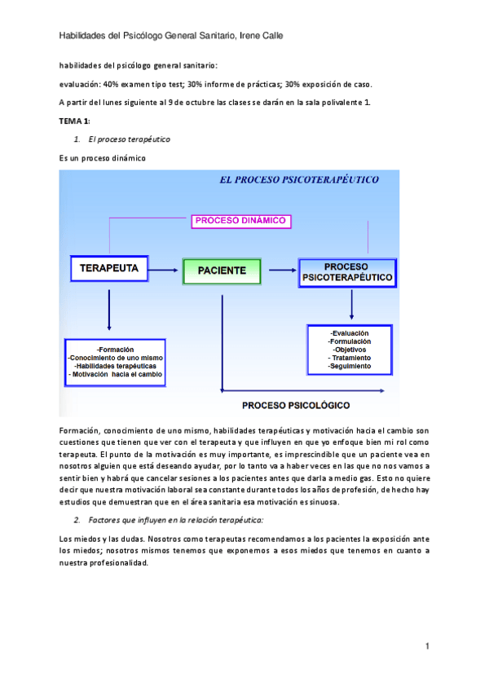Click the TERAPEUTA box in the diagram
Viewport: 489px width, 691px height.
(109, 268)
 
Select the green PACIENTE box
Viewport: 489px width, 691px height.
(221, 270)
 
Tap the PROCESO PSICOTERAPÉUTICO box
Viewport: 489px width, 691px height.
(347, 272)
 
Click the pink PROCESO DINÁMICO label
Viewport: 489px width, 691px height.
(241, 220)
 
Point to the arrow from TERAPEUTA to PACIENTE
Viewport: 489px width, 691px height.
(165, 270)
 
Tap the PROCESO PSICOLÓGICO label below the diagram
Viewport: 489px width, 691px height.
(296, 404)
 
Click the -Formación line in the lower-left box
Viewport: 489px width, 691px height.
(115, 349)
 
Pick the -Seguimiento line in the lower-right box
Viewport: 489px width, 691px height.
(350, 367)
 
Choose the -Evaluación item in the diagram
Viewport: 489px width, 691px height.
(350, 333)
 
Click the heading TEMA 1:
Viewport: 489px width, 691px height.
(74, 121)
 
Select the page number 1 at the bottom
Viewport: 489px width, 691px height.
(427, 646)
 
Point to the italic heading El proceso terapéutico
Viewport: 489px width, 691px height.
(130, 139)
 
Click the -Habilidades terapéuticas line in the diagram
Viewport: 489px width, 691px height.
(115, 366)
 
